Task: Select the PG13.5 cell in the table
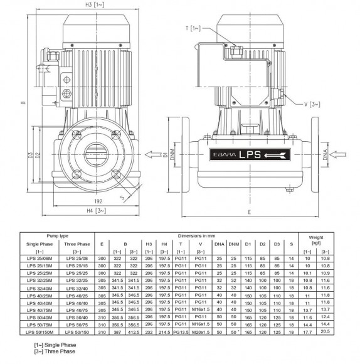[181, 331]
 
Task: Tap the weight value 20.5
[325, 331]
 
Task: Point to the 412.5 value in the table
[132, 331]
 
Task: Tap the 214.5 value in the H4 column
[165, 331]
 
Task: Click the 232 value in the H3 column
[149, 331]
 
